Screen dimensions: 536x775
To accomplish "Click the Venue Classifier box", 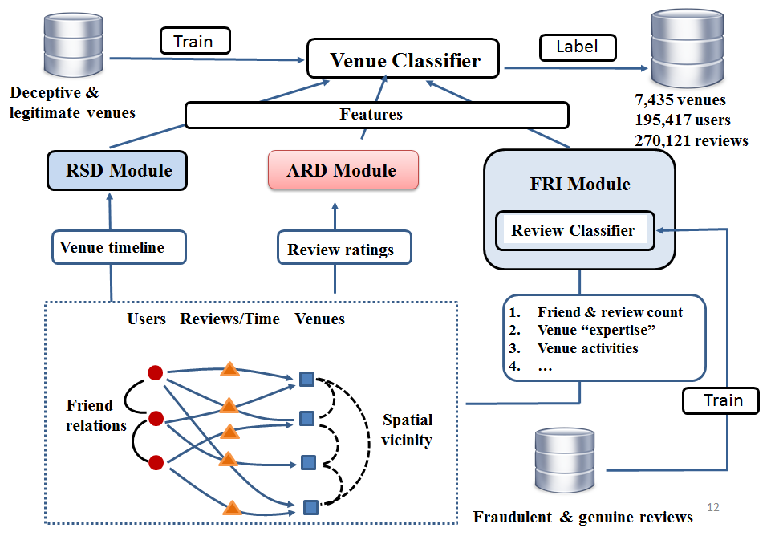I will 404,60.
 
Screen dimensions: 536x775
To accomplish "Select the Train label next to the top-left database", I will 195,40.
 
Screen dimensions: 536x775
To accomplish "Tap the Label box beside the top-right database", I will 577,47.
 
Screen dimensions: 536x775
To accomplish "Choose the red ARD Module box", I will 342,170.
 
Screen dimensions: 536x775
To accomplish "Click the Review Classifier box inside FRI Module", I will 574,231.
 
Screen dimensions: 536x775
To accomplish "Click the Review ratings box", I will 341,250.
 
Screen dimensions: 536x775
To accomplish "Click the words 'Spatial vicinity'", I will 407,429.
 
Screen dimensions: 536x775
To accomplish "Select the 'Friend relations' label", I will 96,415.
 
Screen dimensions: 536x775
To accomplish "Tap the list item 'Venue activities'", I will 587,348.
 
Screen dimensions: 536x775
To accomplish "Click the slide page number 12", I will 713,507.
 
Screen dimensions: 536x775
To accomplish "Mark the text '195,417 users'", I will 683,120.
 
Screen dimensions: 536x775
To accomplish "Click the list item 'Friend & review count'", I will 610,312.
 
